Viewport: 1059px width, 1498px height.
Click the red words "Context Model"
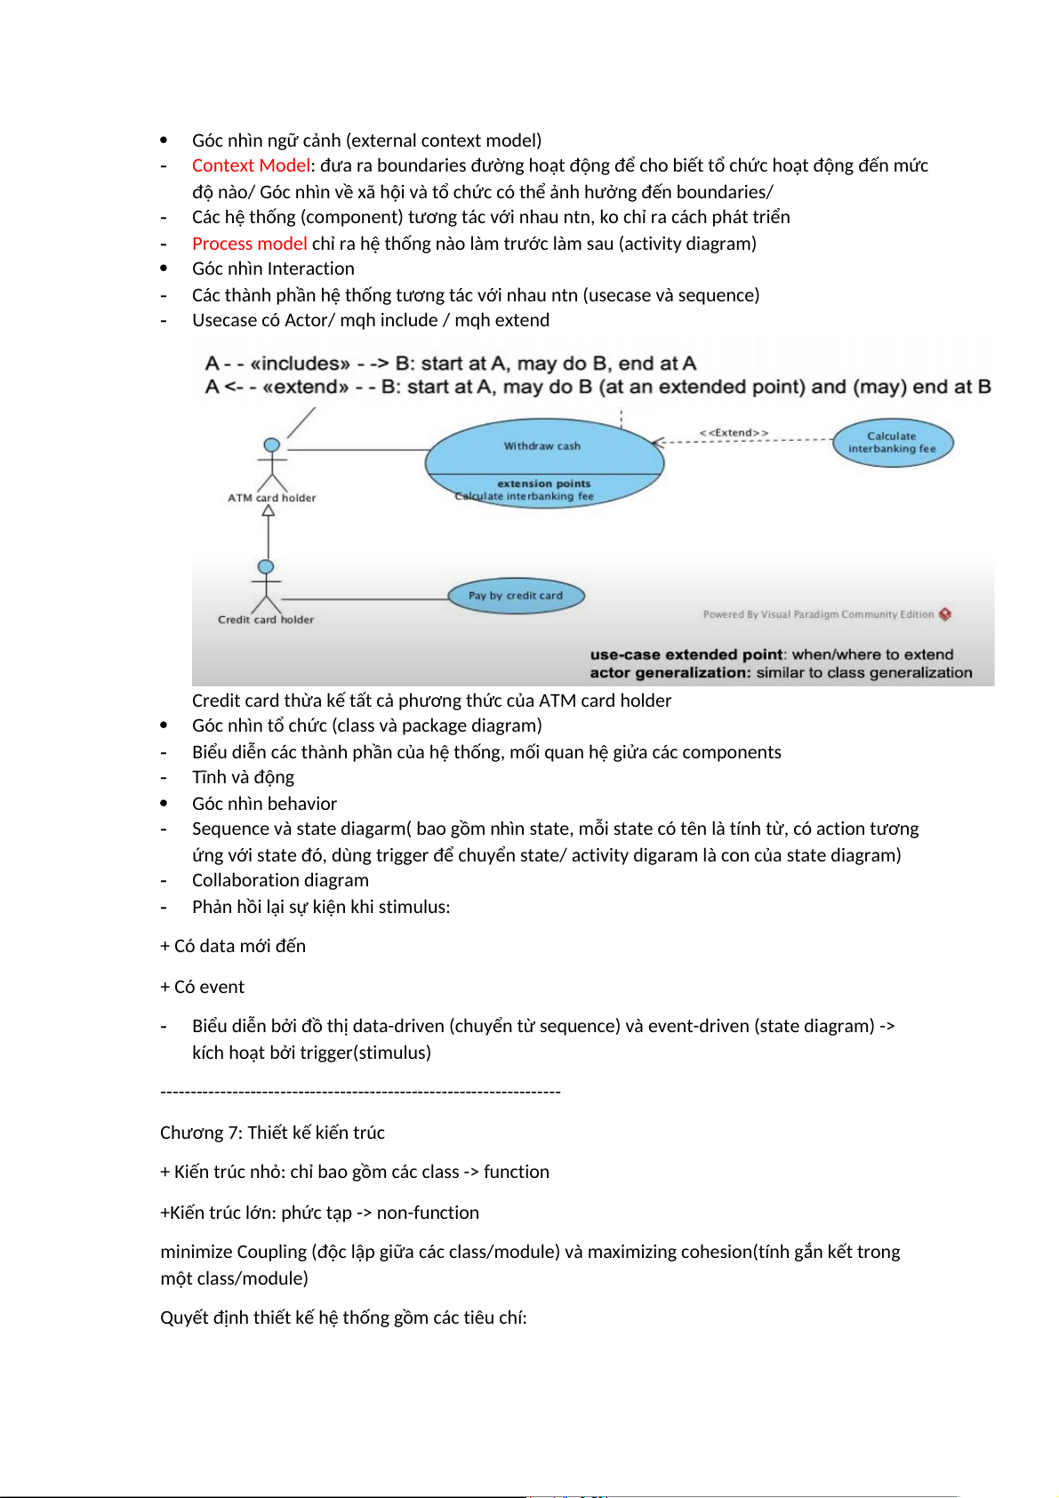(x=251, y=166)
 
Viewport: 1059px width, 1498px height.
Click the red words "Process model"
(x=250, y=244)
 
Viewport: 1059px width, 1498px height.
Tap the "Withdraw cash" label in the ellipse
(x=542, y=446)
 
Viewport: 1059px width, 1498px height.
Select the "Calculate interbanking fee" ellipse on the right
(x=893, y=443)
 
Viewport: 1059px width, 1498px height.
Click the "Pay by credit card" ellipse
(x=516, y=596)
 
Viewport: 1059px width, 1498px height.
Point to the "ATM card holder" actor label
(x=271, y=498)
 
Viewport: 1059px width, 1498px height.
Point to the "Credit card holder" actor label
(x=266, y=620)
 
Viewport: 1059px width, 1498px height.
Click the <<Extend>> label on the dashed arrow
(x=734, y=433)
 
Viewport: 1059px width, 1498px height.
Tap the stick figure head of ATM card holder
(x=272, y=445)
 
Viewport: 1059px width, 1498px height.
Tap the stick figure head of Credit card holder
(x=266, y=566)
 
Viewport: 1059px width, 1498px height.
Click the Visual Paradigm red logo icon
(x=945, y=614)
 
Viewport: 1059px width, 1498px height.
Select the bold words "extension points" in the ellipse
(x=544, y=484)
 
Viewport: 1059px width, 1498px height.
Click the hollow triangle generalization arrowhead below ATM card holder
(x=269, y=511)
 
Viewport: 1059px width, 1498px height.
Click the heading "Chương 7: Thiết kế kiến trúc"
(x=272, y=1134)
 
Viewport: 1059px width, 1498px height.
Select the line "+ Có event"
(x=203, y=988)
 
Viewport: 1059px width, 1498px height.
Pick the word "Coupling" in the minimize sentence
(x=270, y=1253)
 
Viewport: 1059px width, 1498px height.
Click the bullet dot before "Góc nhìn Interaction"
(x=164, y=268)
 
